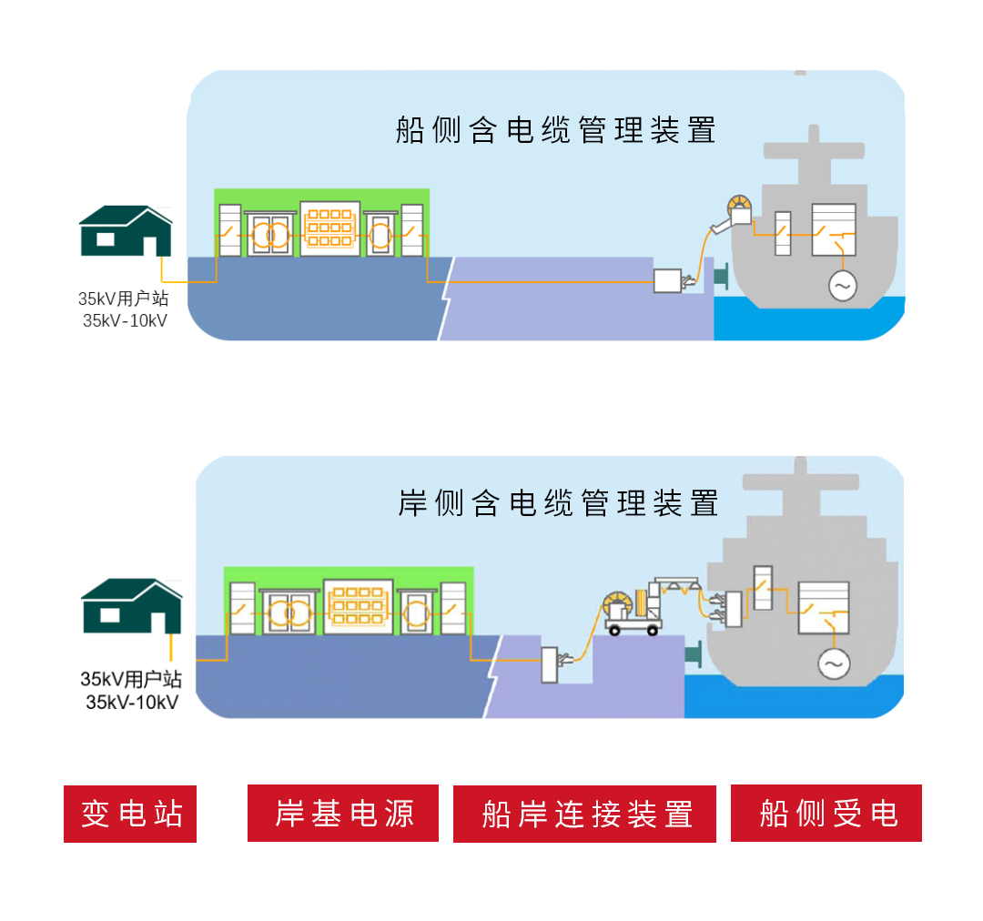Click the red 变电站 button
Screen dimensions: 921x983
[x=130, y=813]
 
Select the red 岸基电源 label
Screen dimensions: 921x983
[x=343, y=813]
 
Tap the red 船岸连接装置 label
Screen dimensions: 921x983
[x=585, y=813]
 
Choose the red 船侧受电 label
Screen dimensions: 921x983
[x=826, y=813]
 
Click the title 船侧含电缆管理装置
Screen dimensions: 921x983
[x=555, y=130]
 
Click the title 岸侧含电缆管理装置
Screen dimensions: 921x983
[x=558, y=503]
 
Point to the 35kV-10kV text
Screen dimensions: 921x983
[x=125, y=320]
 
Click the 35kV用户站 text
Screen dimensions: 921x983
[x=123, y=299]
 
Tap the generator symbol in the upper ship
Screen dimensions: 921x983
[x=842, y=287]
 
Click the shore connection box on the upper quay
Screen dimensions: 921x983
[x=667, y=280]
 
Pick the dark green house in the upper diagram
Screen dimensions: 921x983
[x=126, y=231]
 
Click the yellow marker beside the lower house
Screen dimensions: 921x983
[x=169, y=652]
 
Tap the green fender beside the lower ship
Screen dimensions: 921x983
[x=694, y=653]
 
